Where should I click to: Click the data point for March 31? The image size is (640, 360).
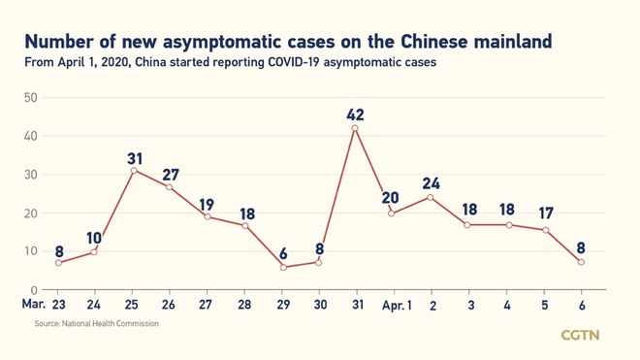(x=355, y=128)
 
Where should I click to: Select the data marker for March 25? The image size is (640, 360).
(x=132, y=170)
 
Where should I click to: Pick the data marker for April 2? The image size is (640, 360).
(x=431, y=197)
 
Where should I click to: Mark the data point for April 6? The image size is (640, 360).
(x=581, y=262)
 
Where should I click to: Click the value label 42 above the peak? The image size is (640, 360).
(x=355, y=115)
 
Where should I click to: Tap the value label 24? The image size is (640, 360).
(x=432, y=184)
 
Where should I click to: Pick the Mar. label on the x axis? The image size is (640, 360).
(x=33, y=305)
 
